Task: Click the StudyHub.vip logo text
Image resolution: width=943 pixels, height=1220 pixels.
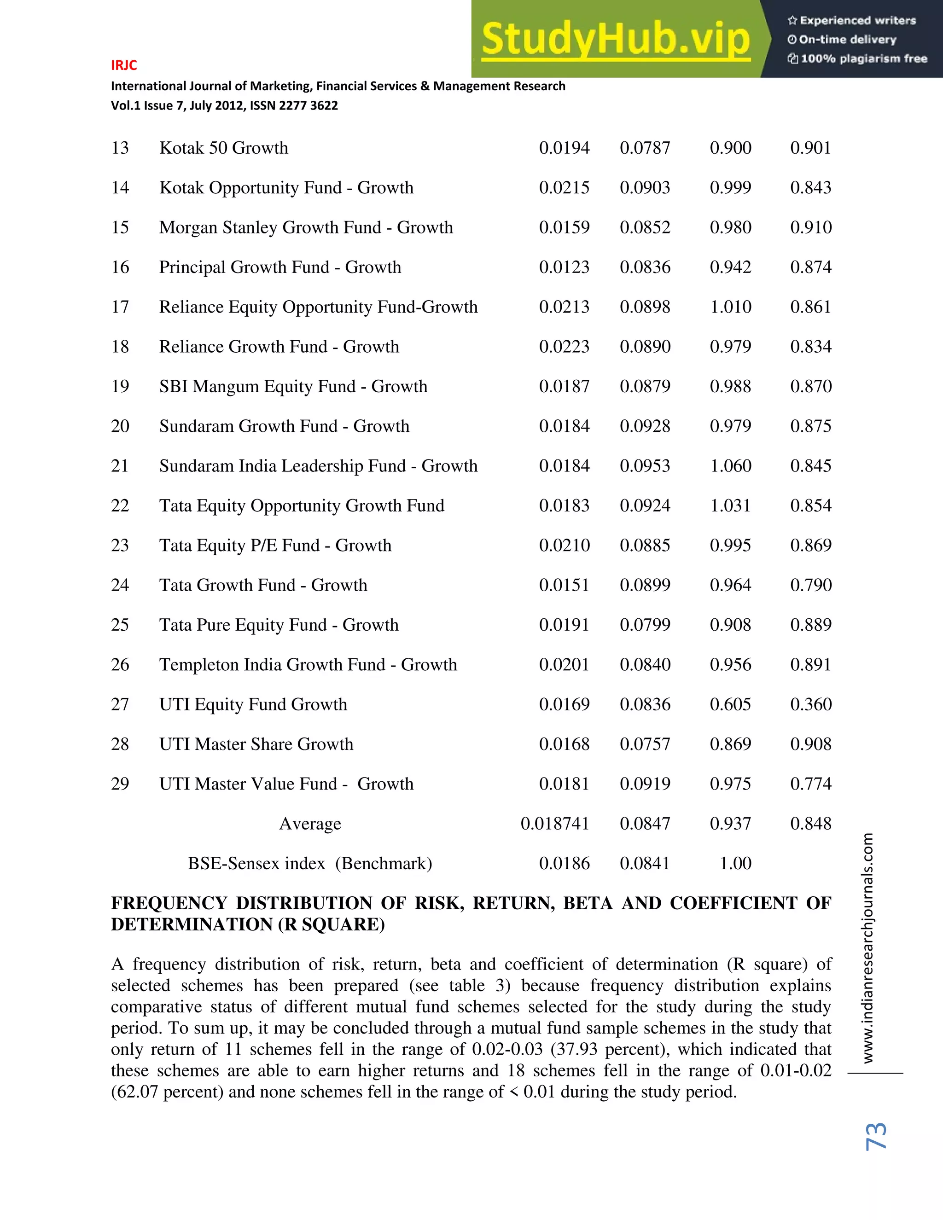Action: click(616, 39)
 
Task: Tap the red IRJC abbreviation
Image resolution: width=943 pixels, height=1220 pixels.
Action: click(123, 65)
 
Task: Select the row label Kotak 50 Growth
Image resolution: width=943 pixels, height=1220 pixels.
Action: click(223, 148)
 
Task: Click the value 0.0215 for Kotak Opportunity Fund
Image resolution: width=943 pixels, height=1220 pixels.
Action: click(564, 188)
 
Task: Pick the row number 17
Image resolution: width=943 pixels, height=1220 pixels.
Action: click(120, 307)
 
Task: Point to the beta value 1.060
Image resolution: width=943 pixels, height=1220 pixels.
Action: click(730, 466)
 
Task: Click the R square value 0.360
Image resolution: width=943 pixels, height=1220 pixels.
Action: click(810, 704)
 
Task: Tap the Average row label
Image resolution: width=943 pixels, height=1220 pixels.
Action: click(310, 824)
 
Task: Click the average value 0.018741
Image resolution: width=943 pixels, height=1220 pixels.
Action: click(554, 824)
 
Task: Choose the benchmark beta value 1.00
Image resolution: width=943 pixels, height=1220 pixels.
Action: click(735, 864)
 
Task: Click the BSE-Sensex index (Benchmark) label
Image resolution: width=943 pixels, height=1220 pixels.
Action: click(310, 864)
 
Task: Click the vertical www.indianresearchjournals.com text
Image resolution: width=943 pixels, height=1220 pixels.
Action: click(867, 948)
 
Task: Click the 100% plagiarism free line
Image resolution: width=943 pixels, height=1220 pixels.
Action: click(857, 58)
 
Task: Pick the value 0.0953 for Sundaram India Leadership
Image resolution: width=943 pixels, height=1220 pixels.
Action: click(645, 466)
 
